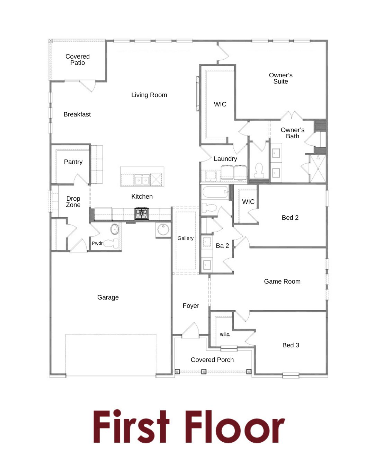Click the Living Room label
(149, 95)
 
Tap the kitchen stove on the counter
(142, 213)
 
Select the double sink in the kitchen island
(142, 180)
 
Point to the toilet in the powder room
(110, 243)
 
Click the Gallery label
(185, 239)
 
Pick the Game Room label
(282, 281)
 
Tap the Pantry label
(73, 162)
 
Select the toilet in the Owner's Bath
(259, 170)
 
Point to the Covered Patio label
(78, 60)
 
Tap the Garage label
(108, 297)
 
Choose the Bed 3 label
(291, 345)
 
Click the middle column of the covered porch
(204, 371)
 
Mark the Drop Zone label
(73, 202)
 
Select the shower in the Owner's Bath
(318, 168)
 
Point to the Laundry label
(225, 159)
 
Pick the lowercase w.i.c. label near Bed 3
(225, 335)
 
